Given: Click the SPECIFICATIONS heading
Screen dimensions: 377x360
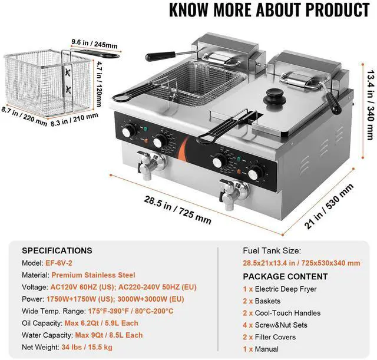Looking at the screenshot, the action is [57, 250].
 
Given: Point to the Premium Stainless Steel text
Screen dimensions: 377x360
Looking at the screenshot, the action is [93, 275].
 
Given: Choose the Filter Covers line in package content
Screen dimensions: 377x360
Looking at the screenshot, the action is [279, 336].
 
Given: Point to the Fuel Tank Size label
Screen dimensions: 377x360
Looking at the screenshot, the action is [272, 251].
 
